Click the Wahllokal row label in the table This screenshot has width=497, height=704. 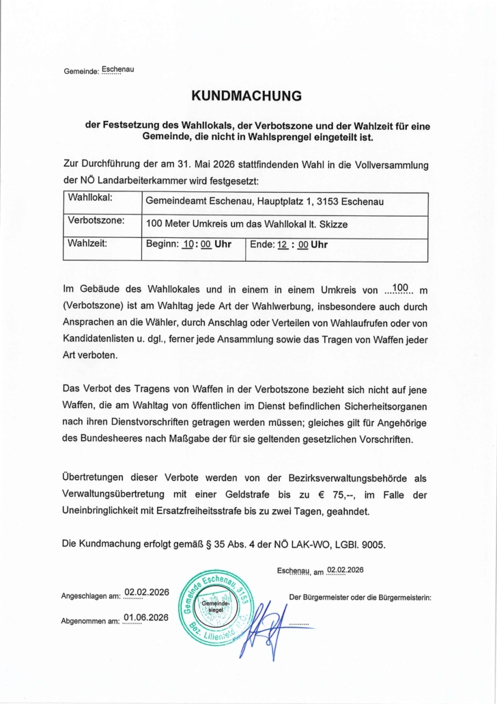click(89, 199)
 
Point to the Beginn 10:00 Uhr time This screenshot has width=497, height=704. click(188, 245)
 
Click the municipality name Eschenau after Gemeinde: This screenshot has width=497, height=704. click(117, 70)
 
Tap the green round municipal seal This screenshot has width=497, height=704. click(218, 606)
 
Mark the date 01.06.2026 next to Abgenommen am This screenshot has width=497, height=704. click(146, 618)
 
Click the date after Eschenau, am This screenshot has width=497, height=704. click(345, 570)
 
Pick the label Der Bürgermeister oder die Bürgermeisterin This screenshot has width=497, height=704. click(360, 597)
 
